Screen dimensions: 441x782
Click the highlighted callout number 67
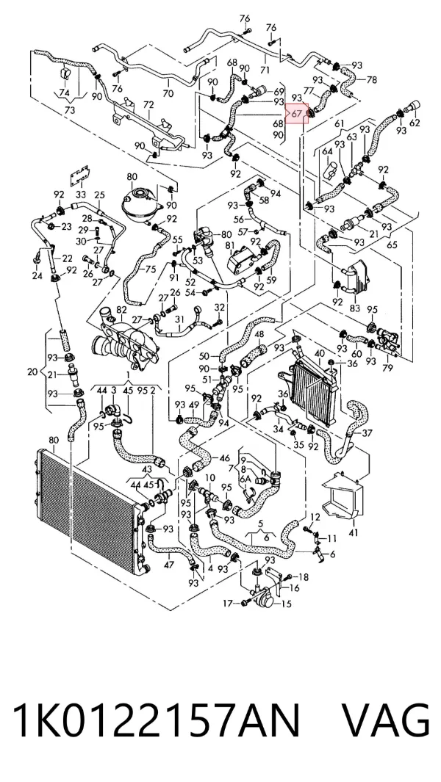[297, 113]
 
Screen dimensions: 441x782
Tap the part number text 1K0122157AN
[157, 720]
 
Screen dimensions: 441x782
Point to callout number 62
[414, 123]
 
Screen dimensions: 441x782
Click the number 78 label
[372, 79]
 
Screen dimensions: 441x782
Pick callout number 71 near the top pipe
[265, 70]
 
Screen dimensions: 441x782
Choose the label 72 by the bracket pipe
[148, 105]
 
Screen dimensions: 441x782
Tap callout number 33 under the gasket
[80, 194]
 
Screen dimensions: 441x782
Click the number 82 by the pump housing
[121, 310]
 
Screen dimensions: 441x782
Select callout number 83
[354, 308]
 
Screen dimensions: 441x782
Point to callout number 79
[387, 368]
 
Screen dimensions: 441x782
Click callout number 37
[367, 433]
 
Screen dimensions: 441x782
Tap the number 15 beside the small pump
[286, 604]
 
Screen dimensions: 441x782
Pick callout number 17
[228, 604]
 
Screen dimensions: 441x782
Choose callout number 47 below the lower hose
[169, 565]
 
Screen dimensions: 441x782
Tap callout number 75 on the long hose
[151, 269]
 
